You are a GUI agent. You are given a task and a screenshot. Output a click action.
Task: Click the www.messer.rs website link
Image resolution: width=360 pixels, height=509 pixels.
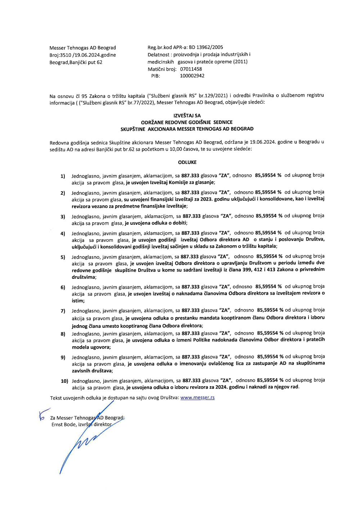197,398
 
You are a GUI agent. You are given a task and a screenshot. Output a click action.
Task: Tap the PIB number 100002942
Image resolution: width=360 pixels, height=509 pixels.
192,76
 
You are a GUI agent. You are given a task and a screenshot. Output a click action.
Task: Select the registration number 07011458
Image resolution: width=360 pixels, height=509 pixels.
191,69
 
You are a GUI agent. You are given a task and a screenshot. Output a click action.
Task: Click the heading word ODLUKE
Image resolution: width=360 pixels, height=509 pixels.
187,162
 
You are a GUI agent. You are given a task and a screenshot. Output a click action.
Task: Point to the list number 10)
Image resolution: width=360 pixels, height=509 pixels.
64,381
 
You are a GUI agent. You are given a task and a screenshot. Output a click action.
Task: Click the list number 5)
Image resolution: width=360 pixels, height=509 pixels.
63,257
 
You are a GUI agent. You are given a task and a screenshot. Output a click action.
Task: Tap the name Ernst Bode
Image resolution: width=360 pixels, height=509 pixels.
64,425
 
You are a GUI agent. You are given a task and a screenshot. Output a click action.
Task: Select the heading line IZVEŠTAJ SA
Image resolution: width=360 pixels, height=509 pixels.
187,116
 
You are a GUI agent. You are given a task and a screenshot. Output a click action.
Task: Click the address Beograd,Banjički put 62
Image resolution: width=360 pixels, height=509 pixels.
76,62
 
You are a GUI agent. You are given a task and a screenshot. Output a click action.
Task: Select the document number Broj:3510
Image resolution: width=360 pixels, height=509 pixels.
60,55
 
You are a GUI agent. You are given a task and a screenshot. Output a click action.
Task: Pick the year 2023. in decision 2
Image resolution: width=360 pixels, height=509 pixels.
206,199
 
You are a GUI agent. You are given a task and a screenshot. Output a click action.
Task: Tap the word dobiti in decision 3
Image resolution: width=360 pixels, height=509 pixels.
179,223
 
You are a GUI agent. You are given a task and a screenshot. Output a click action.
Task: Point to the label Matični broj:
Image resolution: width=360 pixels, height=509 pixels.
162,69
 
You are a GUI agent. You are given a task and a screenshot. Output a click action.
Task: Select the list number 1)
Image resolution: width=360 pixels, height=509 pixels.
63,176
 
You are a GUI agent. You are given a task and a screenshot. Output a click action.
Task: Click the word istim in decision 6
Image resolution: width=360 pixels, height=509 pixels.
77,301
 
